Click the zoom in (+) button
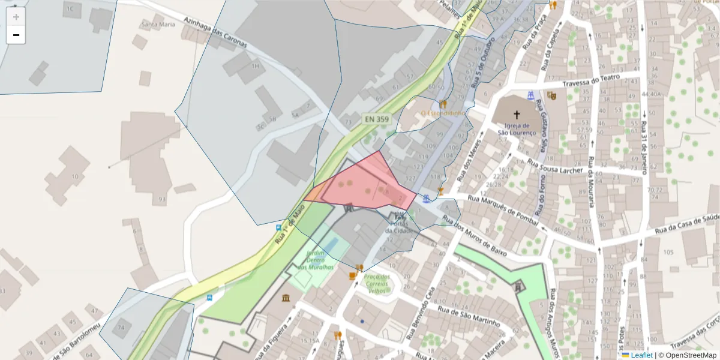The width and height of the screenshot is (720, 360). click(x=16, y=17)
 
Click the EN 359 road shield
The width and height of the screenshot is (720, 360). click(x=376, y=119)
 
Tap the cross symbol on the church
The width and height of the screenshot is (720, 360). click(x=516, y=113)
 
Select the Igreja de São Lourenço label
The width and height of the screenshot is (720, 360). click(x=516, y=128)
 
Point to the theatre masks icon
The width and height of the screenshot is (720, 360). click(x=551, y=95)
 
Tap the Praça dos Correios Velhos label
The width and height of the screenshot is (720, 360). click(x=377, y=283)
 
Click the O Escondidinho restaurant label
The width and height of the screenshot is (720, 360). click(x=443, y=113)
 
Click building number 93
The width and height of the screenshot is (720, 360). click(x=161, y=199)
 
